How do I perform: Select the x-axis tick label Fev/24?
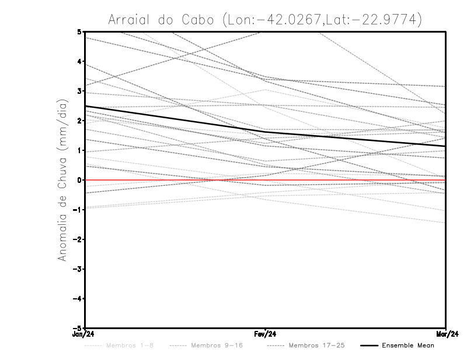(265, 334)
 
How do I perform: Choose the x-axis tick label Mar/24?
(446, 334)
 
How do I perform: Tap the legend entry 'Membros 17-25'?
(317, 345)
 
